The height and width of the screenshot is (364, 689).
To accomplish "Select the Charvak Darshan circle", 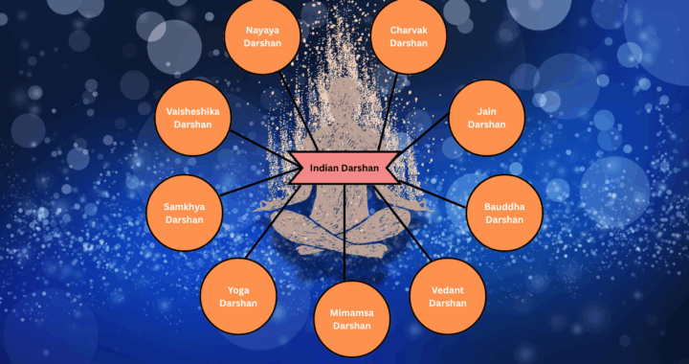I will click(x=410, y=36).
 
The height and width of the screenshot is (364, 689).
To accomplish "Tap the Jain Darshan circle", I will click(x=487, y=118).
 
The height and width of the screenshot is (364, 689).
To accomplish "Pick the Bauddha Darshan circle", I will click(x=504, y=213).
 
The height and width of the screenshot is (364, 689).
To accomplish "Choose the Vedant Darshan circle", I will click(x=448, y=296).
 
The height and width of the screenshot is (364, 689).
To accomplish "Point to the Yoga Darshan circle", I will click(x=237, y=296).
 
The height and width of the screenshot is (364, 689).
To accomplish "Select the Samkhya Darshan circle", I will click(x=184, y=213).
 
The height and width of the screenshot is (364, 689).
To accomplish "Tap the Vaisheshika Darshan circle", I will click(x=192, y=118).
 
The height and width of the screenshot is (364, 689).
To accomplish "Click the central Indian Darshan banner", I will click(x=344, y=168).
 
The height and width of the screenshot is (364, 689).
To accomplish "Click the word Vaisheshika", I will click(x=192, y=111).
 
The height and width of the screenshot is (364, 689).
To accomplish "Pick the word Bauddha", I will click(x=504, y=206).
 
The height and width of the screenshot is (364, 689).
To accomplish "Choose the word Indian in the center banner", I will click(x=326, y=168).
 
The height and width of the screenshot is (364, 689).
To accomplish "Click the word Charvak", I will click(x=410, y=30).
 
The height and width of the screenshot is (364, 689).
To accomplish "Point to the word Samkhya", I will click(x=184, y=206).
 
